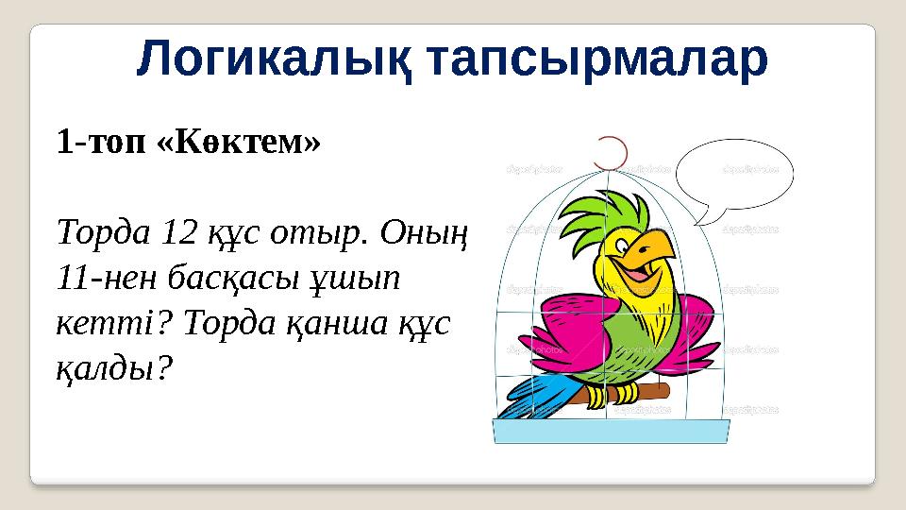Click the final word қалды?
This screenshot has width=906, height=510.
114,367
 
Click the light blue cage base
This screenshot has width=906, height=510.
611,432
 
